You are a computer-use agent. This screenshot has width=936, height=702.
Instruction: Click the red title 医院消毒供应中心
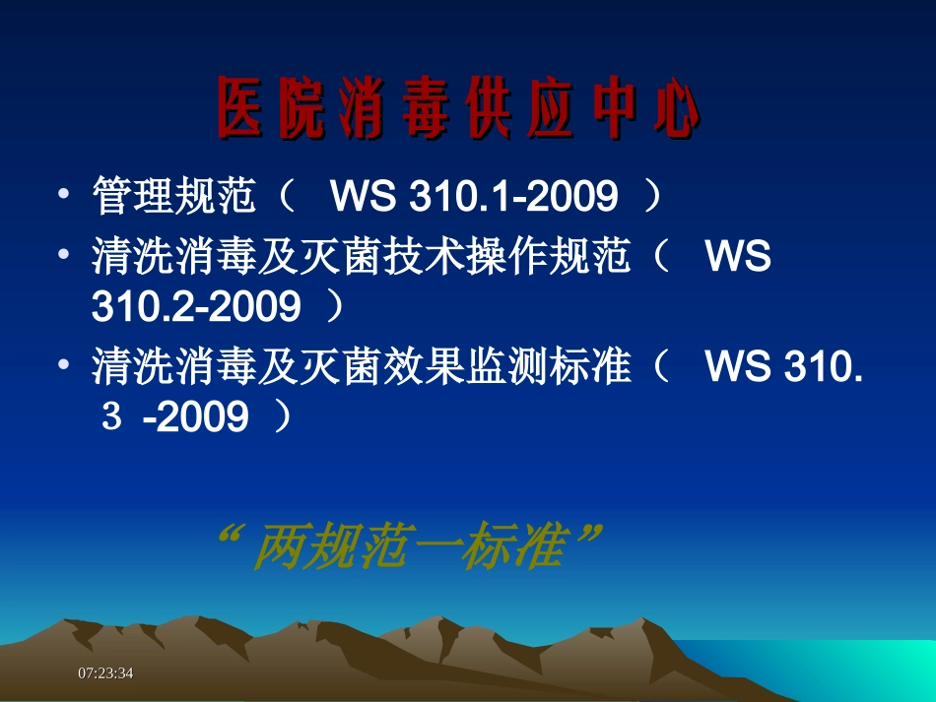point(458,107)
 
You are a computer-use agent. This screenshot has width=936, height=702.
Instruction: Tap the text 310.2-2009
point(195,308)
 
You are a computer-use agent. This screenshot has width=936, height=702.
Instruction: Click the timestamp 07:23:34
point(105,672)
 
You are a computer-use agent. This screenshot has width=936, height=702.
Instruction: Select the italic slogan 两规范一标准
point(407,546)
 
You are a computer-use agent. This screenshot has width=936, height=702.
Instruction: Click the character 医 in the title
point(240,107)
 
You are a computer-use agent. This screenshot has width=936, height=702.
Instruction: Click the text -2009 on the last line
point(195,418)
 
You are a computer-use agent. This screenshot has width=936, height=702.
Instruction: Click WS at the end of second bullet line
point(738,259)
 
